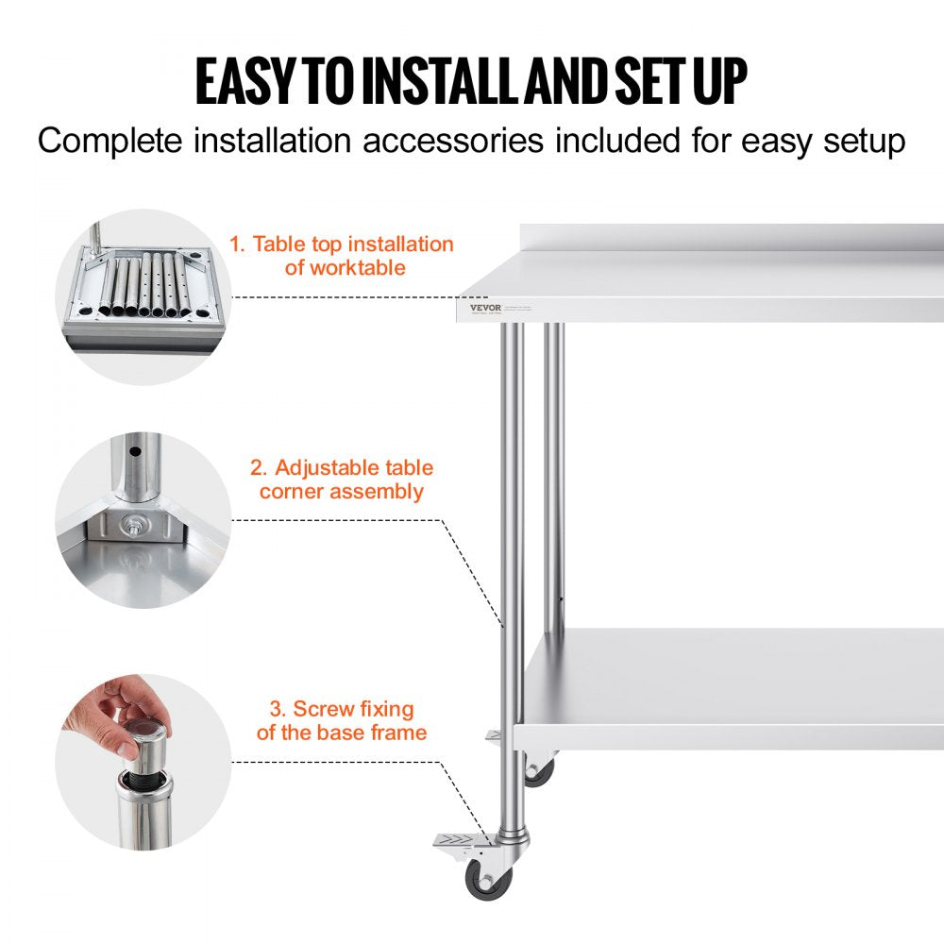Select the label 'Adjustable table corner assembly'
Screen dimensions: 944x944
point(342,480)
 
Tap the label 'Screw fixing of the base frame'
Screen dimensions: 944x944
point(342,720)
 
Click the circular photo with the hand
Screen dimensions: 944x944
point(143,762)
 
